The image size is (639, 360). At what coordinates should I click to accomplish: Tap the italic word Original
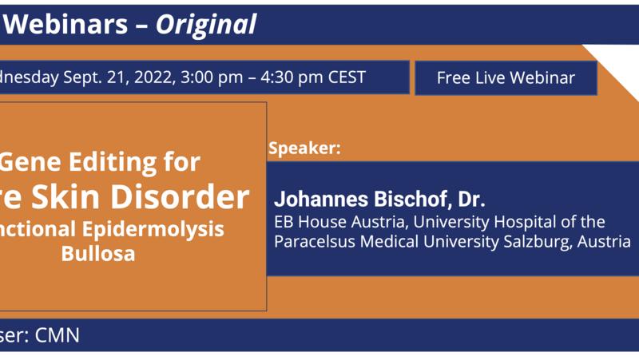click(x=206, y=25)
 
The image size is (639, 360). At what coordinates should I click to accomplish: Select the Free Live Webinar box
click(x=506, y=78)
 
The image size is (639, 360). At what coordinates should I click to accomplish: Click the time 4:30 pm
click(x=289, y=77)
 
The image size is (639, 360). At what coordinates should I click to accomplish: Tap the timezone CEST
click(x=345, y=77)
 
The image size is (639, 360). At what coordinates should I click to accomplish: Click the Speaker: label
click(x=305, y=148)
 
